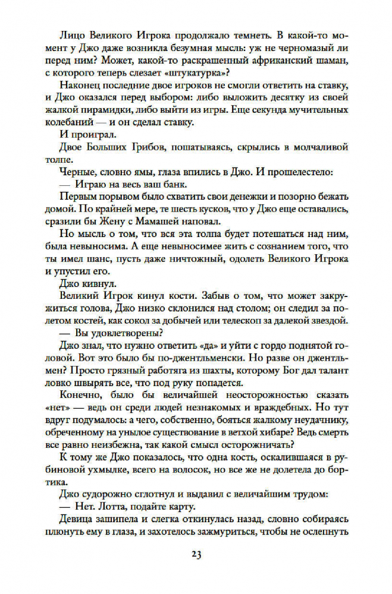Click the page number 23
(x=196, y=555)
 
